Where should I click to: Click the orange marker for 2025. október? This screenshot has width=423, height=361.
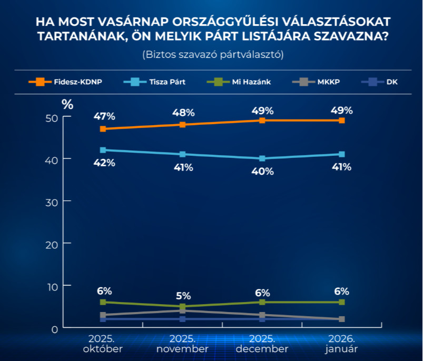pos(103,129)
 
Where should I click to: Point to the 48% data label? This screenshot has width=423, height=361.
pos(183,113)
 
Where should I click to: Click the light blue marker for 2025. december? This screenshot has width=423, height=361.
pos(262,158)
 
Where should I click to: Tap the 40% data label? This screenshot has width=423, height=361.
pos(262,171)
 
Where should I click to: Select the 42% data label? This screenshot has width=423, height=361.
pos(104,163)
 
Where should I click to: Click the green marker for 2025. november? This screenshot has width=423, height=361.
pos(183,306)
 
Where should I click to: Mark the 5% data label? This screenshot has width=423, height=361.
pos(183,295)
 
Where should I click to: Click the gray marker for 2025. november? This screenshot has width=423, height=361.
pos(183,311)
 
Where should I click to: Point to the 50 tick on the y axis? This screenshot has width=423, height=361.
pos(51,118)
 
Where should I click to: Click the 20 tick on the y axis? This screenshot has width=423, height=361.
pos(51,244)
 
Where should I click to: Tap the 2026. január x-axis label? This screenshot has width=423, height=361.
pos(342,344)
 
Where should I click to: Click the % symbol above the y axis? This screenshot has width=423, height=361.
pos(67,104)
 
